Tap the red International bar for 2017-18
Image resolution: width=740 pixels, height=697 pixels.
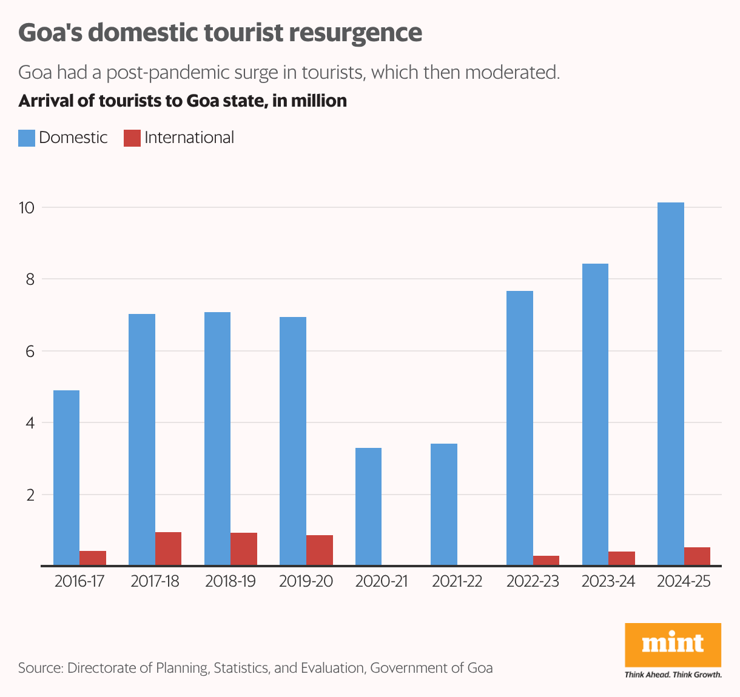click(168, 549)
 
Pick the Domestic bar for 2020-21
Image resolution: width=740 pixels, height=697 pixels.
click(368, 507)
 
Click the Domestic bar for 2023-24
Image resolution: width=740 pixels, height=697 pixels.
click(595, 415)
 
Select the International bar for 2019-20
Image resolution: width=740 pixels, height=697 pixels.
click(320, 550)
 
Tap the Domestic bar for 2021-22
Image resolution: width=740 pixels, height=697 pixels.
click(444, 504)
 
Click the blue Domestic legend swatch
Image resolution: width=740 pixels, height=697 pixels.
click(27, 138)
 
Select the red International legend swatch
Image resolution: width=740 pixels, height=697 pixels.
click(132, 138)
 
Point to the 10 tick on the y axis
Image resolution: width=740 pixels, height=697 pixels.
click(27, 208)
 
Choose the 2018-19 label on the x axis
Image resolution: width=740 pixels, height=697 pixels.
click(230, 582)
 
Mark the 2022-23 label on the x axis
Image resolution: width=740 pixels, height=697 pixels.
click(533, 582)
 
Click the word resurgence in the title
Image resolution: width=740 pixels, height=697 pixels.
click(355, 33)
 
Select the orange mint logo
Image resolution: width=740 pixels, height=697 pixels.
click(673, 644)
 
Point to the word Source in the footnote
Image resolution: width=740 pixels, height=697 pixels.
click(40, 668)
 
